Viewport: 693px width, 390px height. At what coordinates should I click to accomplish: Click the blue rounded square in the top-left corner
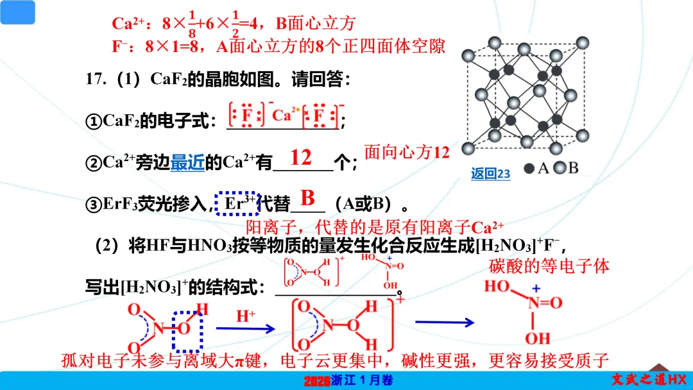17,12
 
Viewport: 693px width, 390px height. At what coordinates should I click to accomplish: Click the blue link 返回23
490,173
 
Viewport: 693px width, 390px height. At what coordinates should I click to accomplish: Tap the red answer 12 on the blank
300,157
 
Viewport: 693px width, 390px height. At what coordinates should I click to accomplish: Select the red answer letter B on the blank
308,198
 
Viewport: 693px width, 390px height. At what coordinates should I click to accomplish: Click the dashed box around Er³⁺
236,203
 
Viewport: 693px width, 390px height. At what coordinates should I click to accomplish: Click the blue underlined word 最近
187,162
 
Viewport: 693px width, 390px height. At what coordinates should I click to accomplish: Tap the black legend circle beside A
529,168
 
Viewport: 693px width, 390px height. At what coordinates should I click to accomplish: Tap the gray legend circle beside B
560,168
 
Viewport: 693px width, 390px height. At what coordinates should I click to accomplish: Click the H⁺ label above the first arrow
245,316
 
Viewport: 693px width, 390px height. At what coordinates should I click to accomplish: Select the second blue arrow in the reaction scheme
444,323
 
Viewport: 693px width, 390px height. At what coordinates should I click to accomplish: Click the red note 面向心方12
407,152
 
